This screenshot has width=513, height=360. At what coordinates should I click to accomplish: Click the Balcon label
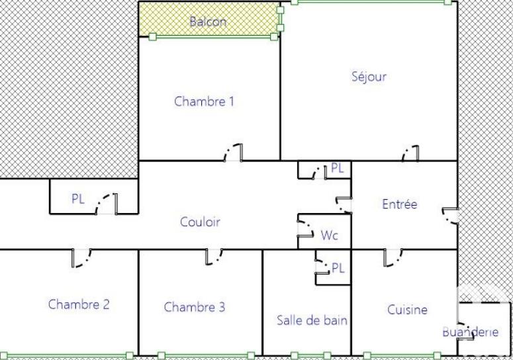208,22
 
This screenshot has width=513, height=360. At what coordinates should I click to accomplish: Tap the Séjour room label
369,76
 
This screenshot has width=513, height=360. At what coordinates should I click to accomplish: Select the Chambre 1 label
204,101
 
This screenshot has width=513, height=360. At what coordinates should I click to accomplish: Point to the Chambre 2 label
79,304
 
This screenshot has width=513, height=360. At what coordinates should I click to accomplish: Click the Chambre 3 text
194,307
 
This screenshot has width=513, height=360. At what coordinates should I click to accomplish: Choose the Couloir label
200,222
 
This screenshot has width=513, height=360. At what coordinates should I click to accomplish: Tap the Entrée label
400,204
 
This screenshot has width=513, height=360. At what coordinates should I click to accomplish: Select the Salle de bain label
312,320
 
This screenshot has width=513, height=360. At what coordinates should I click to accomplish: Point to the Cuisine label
407,309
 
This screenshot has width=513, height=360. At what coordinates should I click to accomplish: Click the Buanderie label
470,332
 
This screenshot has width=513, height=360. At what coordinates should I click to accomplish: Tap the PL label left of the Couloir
78,199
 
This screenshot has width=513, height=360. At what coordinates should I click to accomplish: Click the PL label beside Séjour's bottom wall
337,168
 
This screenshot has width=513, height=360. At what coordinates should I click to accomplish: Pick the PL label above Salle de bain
338,268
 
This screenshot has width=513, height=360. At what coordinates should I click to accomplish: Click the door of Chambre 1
234,153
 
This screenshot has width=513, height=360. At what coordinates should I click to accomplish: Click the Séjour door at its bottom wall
410,154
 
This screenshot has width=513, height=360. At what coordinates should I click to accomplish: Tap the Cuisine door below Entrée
392,257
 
